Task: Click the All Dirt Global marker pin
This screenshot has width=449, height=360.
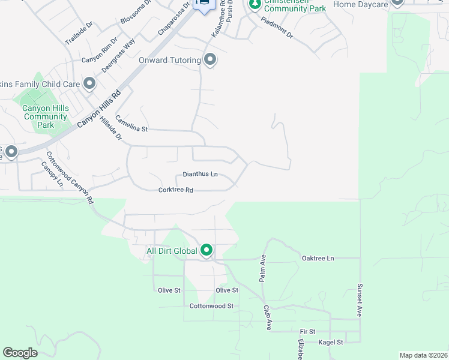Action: [206, 250]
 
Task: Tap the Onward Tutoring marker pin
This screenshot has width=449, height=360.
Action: [210, 59]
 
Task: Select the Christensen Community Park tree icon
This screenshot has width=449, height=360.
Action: [255, 4]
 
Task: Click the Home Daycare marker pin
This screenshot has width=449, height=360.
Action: [396, 2]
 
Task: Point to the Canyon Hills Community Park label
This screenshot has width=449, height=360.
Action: [45, 116]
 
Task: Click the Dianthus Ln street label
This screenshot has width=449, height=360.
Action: [200, 174]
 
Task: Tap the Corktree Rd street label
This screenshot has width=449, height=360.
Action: [175, 190]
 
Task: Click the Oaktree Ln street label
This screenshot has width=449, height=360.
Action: [317, 258]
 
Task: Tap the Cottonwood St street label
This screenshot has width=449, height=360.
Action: [211, 306]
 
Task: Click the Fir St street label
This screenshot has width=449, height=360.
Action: [307, 331]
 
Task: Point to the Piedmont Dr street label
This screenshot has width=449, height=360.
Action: [277, 27]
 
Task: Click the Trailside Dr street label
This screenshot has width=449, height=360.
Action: [79, 34]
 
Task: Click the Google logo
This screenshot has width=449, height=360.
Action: [20, 353]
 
